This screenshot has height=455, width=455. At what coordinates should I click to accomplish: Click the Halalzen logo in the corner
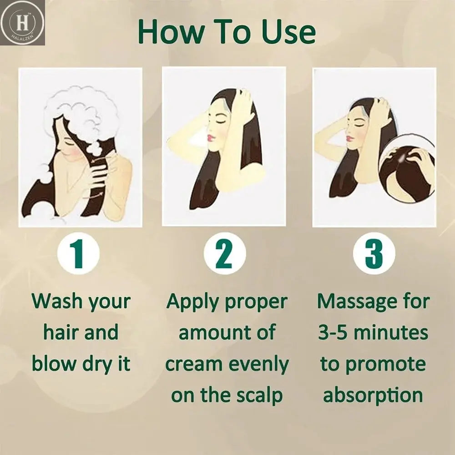[x=22, y=23]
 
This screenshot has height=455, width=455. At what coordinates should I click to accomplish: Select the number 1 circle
[x=79, y=253]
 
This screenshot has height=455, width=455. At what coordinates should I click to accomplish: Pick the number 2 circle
[x=225, y=253]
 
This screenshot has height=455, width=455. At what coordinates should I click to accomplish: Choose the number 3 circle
[x=374, y=253]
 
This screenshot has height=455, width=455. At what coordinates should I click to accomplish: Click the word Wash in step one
[x=57, y=301]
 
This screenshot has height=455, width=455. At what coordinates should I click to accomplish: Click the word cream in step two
[x=194, y=364]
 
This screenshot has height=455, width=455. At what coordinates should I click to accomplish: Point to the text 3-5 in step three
[x=333, y=333]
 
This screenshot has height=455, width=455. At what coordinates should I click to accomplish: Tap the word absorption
[x=373, y=395]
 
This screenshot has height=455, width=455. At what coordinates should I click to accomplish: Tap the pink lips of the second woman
[x=209, y=137]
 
